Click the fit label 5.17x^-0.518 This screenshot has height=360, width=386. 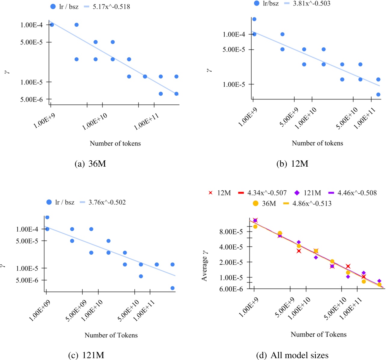[x=111, y=7]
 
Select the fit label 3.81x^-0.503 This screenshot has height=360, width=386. [x=311, y=4]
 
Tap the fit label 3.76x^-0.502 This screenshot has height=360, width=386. [x=107, y=202]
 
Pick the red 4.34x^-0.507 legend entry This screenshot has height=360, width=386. [x=267, y=193]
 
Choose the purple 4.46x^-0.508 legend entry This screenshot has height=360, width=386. [x=357, y=193]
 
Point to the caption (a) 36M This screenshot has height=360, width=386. [x=90, y=164]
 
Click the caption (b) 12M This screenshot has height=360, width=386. [x=292, y=164]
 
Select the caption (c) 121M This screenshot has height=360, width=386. [x=86, y=355]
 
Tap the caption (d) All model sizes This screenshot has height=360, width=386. [x=292, y=355]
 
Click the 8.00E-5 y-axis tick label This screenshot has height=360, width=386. [x=233, y=232]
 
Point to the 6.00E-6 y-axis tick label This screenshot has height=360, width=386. [x=233, y=289]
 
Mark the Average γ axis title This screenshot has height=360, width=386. [x=205, y=265]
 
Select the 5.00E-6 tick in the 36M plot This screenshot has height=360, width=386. [x=32, y=99]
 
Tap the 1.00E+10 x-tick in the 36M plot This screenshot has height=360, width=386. [x=95, y=122]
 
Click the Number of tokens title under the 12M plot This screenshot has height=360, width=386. [x=317, y=143]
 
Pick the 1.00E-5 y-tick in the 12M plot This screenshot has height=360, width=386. [x=234, y=85]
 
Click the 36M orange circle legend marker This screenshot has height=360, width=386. [x=256, y=204]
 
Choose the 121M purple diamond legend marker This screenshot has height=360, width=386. [x=297, y=193]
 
